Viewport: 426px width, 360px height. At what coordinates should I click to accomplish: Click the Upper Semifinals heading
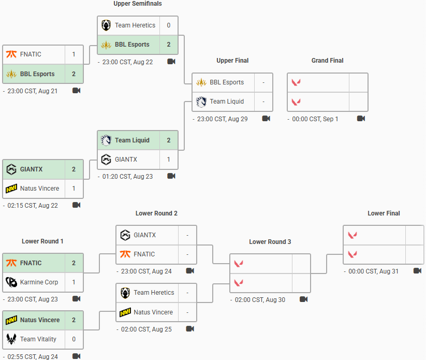point(138,4)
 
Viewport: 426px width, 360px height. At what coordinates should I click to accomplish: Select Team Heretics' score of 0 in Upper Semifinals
point(169,25)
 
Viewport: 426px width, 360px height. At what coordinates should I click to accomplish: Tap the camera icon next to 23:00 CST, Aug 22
point(171,62)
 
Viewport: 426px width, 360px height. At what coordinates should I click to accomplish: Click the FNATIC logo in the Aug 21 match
point(11,54)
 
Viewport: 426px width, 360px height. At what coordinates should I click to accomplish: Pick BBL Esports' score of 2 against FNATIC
point(74,74)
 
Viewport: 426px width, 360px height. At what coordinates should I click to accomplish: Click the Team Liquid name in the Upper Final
point(227,102)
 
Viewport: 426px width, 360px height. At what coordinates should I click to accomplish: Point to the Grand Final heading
point(327,61)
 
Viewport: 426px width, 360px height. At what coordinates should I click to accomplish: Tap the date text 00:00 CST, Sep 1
point(315,119)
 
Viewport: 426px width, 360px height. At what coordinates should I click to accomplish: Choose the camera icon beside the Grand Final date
point(361,119)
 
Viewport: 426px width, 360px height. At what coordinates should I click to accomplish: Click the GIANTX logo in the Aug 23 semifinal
point(106,160)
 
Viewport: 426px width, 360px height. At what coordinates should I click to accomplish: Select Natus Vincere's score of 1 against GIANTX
point(74,189)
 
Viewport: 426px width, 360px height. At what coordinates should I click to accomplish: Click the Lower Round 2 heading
point(156,213)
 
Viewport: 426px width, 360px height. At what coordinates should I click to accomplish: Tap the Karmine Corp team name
point(39,282)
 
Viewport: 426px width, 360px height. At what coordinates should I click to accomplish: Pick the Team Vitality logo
point(11,339)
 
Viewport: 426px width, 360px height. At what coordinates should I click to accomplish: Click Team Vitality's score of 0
point(74,339)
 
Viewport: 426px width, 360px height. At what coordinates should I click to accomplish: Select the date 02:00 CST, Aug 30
point(260,300)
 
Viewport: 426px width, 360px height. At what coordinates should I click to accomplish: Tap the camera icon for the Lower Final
point(417,271)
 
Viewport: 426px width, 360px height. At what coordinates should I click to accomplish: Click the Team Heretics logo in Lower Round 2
point(125,293)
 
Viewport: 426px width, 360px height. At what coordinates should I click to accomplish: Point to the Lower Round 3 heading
point(270,242)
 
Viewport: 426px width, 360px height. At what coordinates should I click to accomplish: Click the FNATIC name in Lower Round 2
point(144,254)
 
